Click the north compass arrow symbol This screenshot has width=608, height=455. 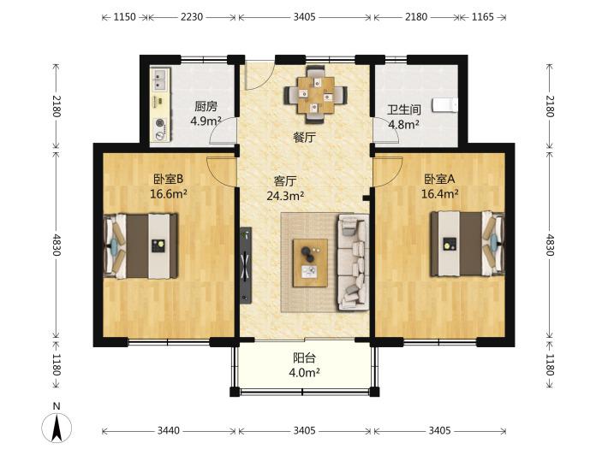(x=57, y=428)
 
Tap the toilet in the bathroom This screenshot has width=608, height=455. (x=445, y=105)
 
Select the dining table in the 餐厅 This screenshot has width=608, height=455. (x=315, y=95)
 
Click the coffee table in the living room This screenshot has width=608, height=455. (x=310, y=263)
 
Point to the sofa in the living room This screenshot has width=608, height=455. (x=353, y=263)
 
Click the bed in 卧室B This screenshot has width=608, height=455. (x=141, y=245)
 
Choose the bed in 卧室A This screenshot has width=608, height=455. (x=468, y=244)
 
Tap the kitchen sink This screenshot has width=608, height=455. (x=161, y=79)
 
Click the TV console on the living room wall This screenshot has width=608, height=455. (x=246, y=264)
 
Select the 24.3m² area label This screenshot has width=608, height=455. (x=285, y=196)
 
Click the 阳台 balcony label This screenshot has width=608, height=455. (x=304, y=357)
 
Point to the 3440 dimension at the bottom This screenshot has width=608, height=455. (x=169, y=430)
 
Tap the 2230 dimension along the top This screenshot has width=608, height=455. (x=192, y=17)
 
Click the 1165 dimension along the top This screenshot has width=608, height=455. (x=483, y=17)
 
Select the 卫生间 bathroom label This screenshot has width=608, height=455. (x=404, y=109)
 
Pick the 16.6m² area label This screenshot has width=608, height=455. (x=169, y=193)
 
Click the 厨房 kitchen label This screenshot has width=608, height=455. (x=206, y=106)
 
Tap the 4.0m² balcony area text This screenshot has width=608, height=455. (x=304, y=373)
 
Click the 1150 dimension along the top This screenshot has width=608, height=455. (x=124, y=17)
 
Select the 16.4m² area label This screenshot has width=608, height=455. (x=440, y=193)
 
